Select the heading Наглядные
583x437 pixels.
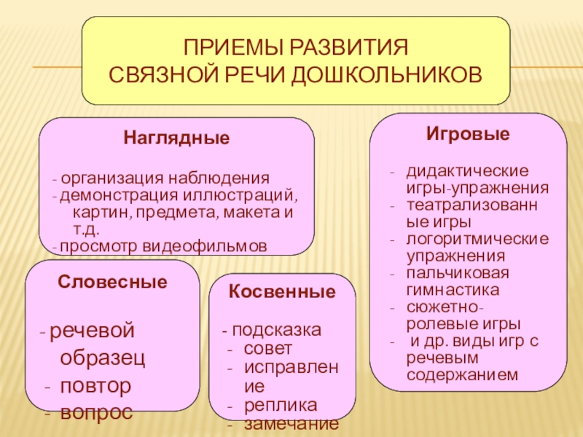[176, 137]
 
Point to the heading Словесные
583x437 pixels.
[112, 281]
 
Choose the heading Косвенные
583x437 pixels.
[282, 293]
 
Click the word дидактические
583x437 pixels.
[467, 171]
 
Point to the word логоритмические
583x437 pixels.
[478, 239]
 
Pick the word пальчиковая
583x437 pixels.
[458, 273]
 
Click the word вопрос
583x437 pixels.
[96, 412]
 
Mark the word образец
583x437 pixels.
[102, 358]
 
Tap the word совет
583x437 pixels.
[268, 347]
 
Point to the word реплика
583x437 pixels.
[281, 404]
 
